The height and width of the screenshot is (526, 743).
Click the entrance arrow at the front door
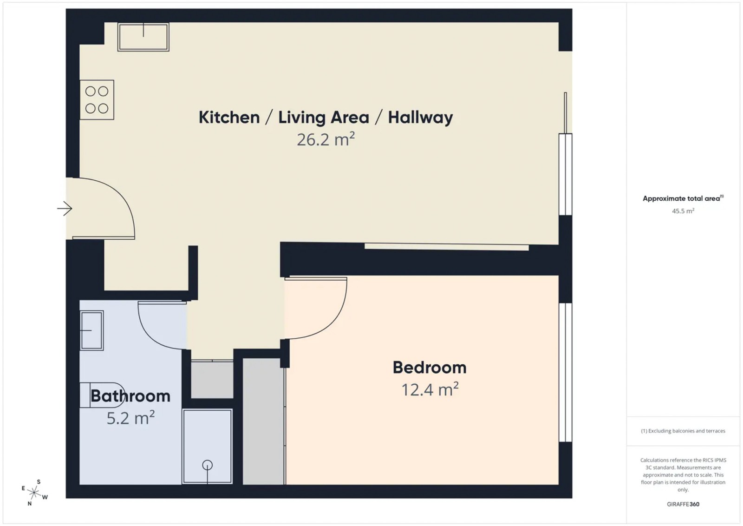click(x=65, y=209)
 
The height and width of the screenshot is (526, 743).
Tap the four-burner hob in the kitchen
click(x=97, y=100)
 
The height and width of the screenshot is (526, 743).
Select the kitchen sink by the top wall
click(x=143, y=37)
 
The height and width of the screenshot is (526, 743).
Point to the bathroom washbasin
click(x=91, y=330)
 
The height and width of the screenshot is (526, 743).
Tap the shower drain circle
click(x=207, y=465)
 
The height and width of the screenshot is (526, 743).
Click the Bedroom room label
click(x=430, y=368)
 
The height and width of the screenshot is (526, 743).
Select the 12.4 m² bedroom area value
click(x=430, y=389)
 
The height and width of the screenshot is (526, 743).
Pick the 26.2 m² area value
click(x=326, y=139)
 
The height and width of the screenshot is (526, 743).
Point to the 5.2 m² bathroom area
click(x=130, y=418)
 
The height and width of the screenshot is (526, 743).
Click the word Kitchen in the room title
click(x=229, y=118)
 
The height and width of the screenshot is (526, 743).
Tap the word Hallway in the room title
click(x=420, y=118)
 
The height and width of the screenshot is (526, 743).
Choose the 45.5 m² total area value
click(x=683, y=211)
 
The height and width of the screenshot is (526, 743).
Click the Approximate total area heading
click(x=683, y=198)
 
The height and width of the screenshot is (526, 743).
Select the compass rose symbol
click(x=34, y=493)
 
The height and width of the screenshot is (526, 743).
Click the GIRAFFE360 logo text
click(x=683, y=504)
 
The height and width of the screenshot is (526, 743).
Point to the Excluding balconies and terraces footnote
click(x=683, y=431)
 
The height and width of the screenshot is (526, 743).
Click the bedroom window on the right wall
click(x=566, y=372)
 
